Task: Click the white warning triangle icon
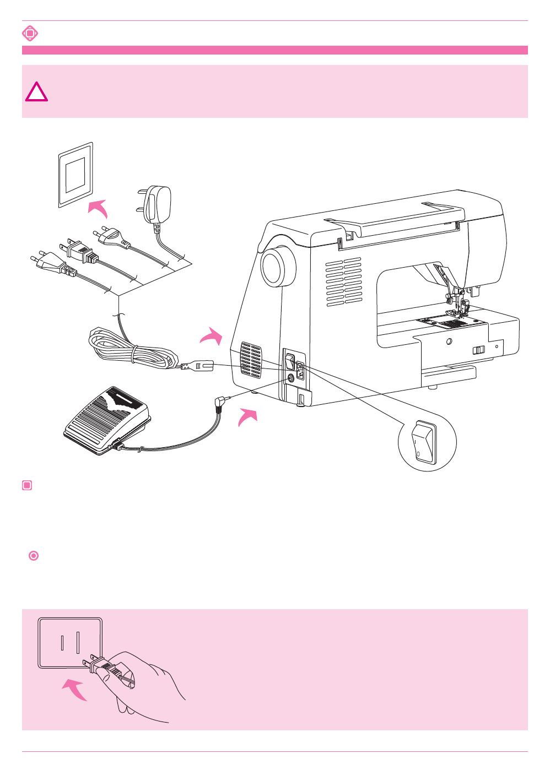pyautogui.click(x=36, y=93)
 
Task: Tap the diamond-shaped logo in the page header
pyautogui.click(x=30, y=34)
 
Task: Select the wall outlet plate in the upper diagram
pyautogui.click(x=76, y=175)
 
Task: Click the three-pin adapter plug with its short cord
pyautogui.click(x=158, y=205)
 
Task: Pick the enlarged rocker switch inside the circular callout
pyautogui.click(x=423, y=442)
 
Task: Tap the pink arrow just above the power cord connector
pyautogui.click(x=212, y=336)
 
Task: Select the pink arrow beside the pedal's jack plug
pyautogui.click(x=247, y=416)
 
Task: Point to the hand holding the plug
pyautogui.click(x=143, y=683)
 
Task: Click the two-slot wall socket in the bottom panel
pyautogui.click(x=70, y=643)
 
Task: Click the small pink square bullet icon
pyautogui.click(x=27, y=485)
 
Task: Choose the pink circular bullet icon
pyautogui.click(x=34, y=556)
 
